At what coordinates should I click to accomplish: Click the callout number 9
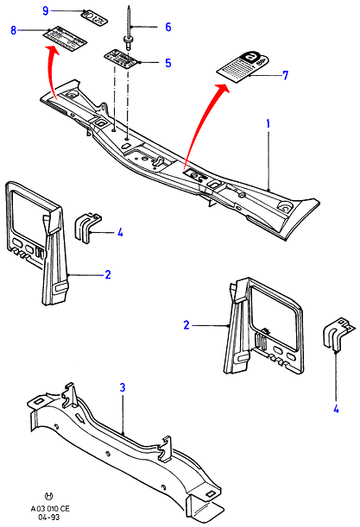click(46, 10)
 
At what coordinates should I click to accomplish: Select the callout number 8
click(13, 30)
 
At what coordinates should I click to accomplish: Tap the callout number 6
click(168, 27)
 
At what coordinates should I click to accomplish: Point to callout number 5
click(168, 62)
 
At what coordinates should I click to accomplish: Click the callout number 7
click(285, 75)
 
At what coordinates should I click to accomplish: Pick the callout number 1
click(268, 123)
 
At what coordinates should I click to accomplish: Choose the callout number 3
click(123, 387)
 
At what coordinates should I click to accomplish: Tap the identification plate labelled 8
click(66, 38)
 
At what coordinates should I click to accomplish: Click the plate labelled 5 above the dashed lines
click(123, 60)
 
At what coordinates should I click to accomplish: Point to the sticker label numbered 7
click(243, 66)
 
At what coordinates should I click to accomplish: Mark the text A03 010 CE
click(50, 509)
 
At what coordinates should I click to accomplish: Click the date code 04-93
click(49, 517)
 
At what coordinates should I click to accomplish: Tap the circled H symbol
click(49, 496)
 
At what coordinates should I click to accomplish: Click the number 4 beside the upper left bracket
click(120, 232)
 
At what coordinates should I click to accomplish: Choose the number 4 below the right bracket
click(336, 409)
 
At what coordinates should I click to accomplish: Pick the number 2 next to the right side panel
click(186, 325)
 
